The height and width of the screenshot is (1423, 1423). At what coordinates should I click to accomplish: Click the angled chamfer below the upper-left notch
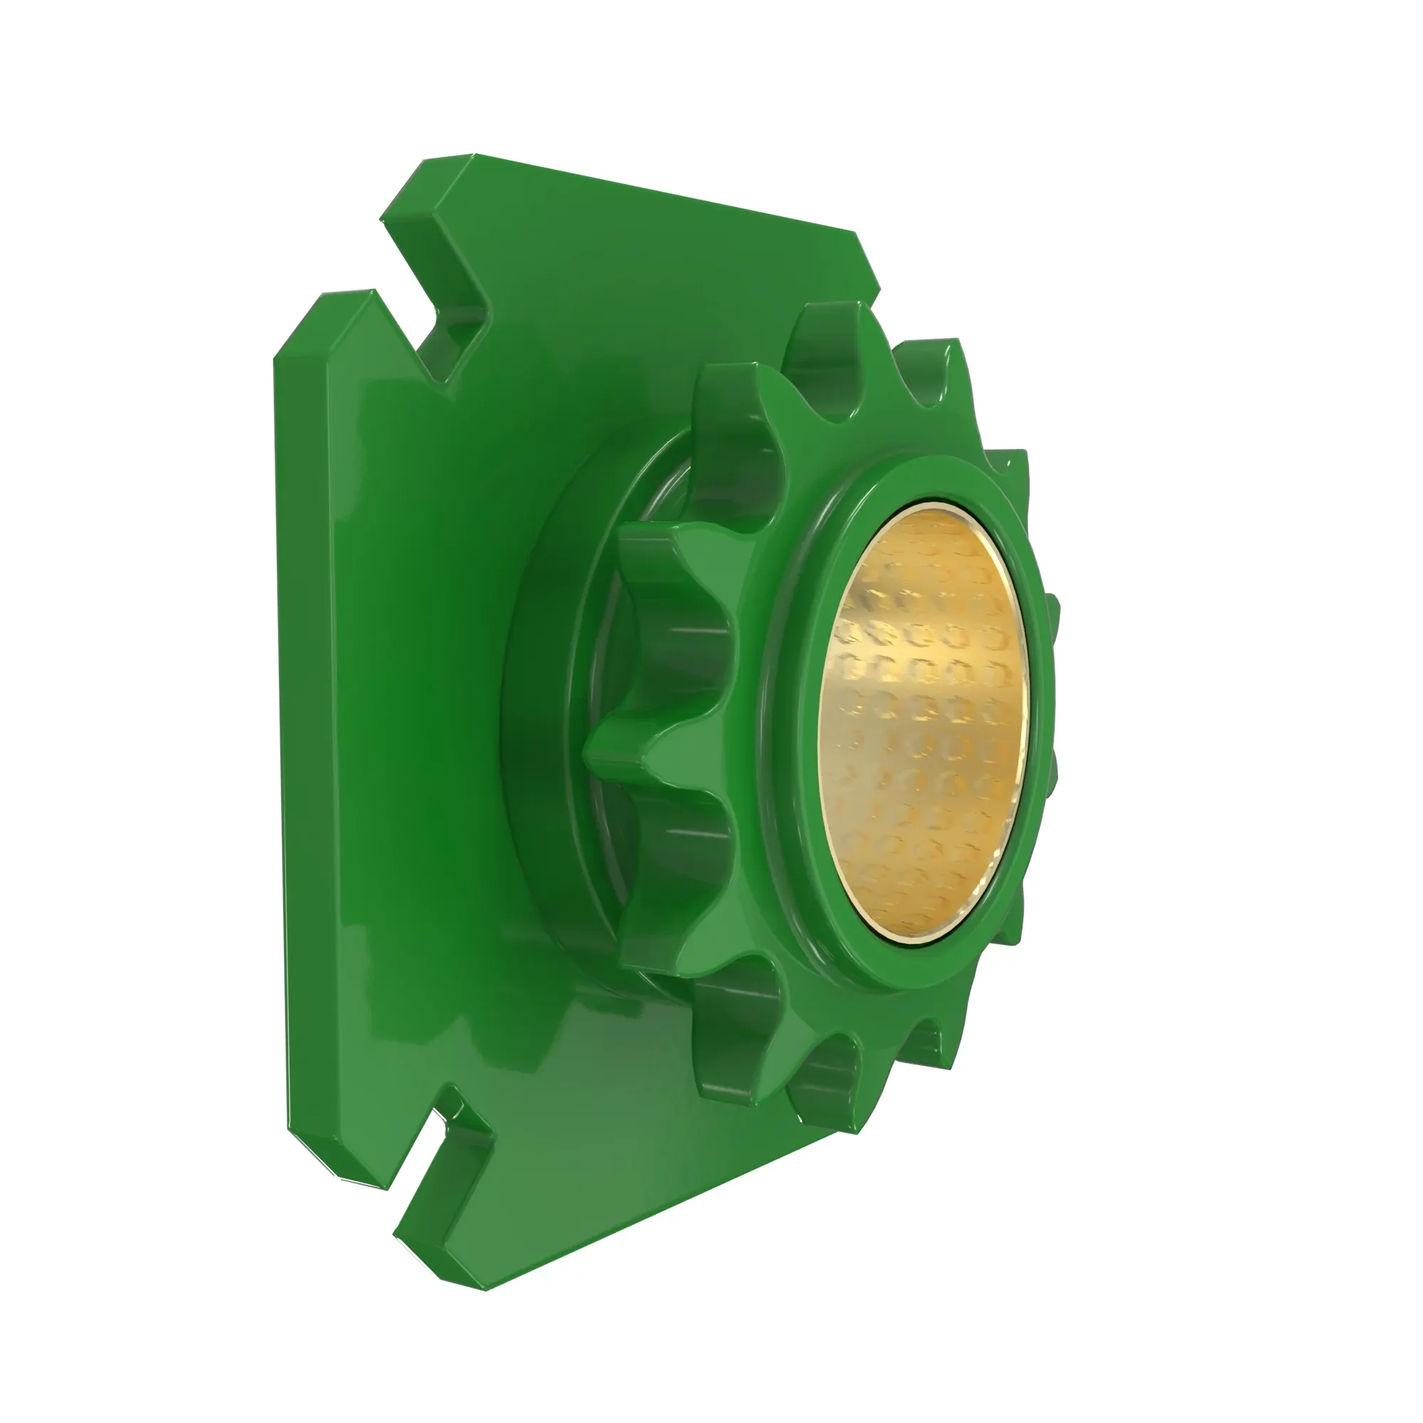[x=324, y=324]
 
